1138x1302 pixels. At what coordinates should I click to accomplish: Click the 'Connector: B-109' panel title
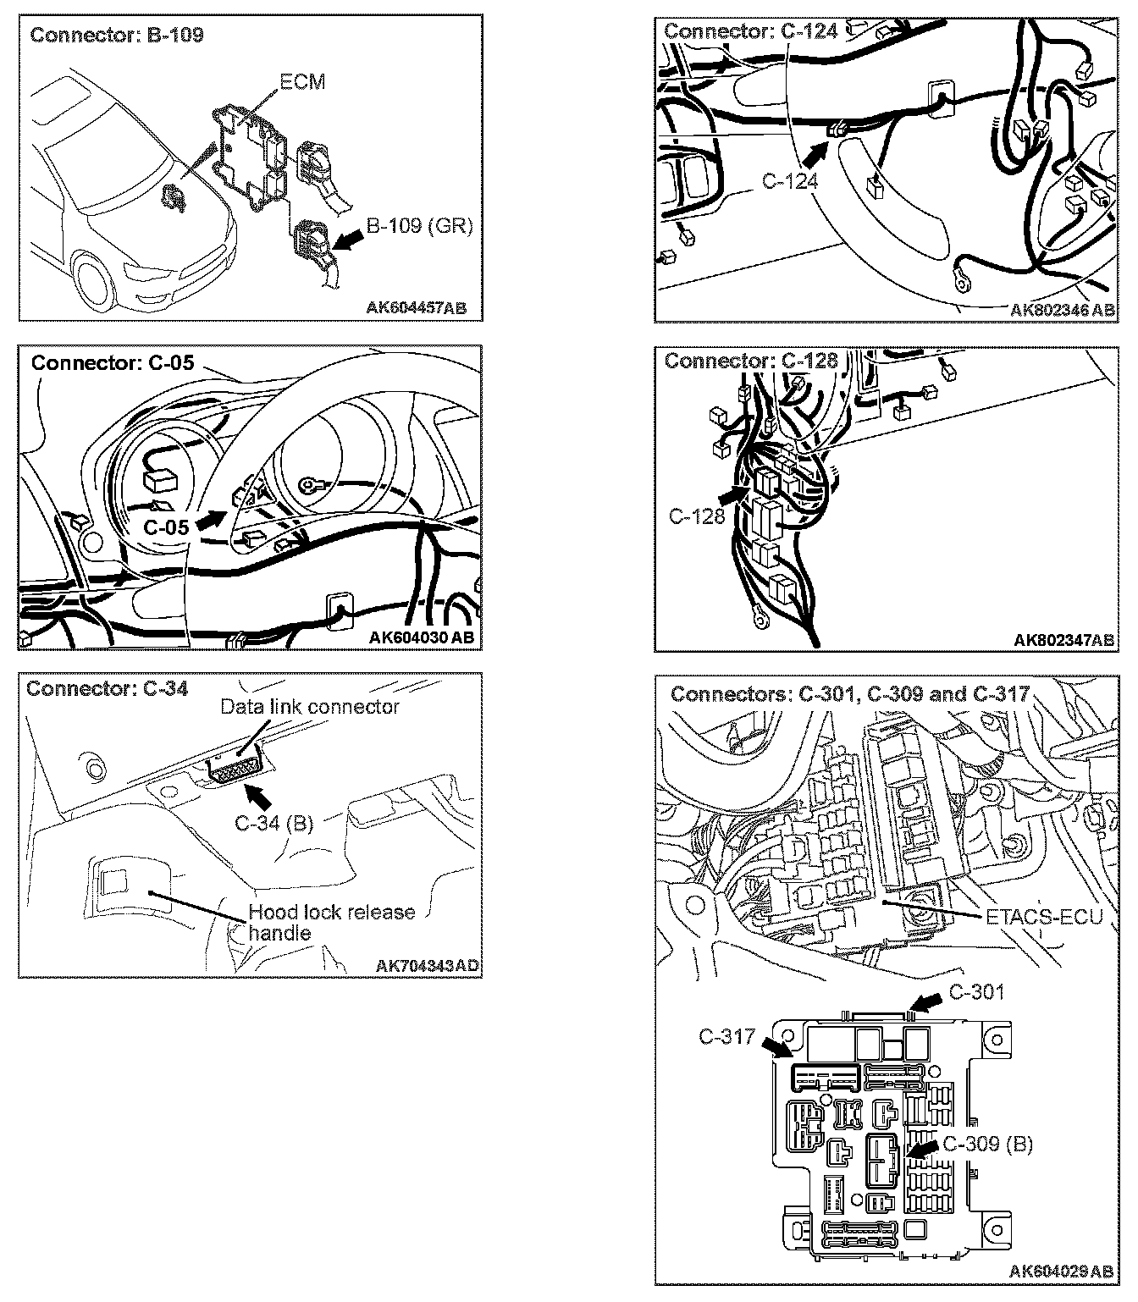click(x=117, y=36)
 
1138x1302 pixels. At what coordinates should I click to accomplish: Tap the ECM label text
click(x=302, y=82)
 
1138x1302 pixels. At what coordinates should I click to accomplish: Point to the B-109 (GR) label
click(x=419, y=227)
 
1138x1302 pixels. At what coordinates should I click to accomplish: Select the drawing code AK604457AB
click(x=416, y=307)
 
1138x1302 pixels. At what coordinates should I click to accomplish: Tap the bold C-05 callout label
click(x=166, y=527)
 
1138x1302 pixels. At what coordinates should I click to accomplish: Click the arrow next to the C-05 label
click(x=212, y=519)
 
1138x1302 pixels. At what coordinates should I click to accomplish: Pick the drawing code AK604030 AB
click(x=422, y=637)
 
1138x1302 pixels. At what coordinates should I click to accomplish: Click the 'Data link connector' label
click(x=309, y=706)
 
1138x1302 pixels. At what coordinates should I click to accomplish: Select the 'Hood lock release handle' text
click(x=331, y=923)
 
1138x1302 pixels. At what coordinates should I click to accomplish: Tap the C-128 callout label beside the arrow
click(x=697, y=516)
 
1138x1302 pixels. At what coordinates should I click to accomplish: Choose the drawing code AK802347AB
click(x=1063, y=639)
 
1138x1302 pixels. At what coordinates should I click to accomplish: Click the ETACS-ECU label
click(x=1044, y=916)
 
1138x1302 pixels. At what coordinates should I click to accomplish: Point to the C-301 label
click(x=975, y=991)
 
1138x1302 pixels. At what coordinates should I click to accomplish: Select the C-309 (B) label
click(x=987, y=1143)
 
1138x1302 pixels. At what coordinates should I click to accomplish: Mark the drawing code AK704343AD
click(x=427, y=965)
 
